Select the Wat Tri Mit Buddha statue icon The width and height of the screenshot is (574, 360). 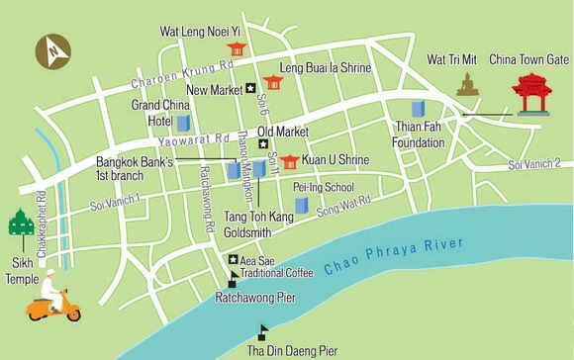click(467, 85)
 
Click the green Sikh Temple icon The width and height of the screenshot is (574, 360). click(19, 224)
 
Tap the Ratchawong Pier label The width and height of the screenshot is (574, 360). click(251, 296)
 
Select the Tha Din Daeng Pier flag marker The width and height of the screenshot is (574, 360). click(263, 331)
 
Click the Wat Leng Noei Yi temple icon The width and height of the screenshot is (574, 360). click(237, 48)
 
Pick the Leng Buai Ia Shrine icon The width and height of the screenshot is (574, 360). click(272, 82)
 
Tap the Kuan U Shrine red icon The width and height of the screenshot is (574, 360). click(289, 161)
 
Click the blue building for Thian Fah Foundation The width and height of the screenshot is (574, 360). click(418, 111)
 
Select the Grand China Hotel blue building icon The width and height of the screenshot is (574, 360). click(183, 123)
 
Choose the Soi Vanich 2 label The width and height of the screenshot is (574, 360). click(534, 163)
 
